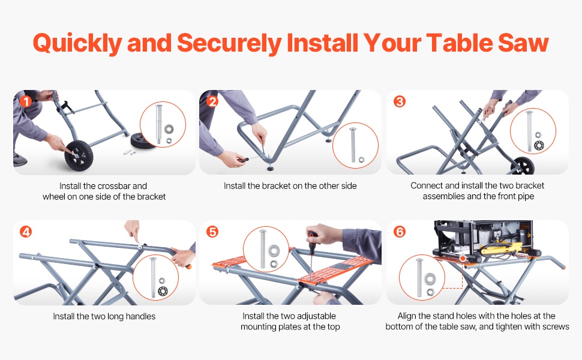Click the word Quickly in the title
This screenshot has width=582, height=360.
[x=77, y=43]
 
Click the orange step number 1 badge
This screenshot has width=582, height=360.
[x=26, y=101]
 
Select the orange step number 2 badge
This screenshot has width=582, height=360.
[x=212, y=101]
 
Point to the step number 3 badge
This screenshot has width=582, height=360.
[x=400, y=101]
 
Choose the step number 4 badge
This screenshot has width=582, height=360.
[x=26, y=232]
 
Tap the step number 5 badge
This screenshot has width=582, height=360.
[x=212, y=232]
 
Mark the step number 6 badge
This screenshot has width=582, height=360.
[x=400, y=232]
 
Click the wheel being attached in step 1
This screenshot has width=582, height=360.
[x=79, y=155]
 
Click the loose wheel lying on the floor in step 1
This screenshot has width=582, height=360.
[x=142, y=141]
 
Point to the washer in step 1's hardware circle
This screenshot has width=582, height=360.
[x=169, y=129]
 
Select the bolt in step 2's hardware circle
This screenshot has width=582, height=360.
[x=353, y=145]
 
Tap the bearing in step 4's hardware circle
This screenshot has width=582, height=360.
[x=162, y=291]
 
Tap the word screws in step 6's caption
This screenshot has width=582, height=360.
[x=556, y=326]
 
